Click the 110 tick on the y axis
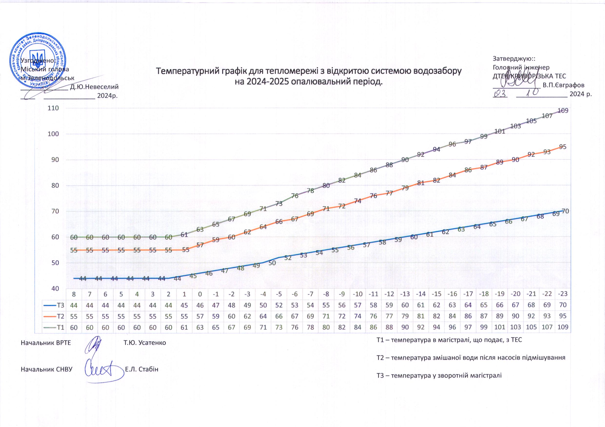click(x=53, y=108)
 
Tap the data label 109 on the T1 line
click(x=563, y=111)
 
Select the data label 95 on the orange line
click(x=563, y=147)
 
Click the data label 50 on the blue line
click(x=272, y=263)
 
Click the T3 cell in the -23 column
click(x=563, y=305)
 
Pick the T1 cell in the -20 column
click(x=516, y=327)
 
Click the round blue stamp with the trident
click(x=38, y=60)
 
